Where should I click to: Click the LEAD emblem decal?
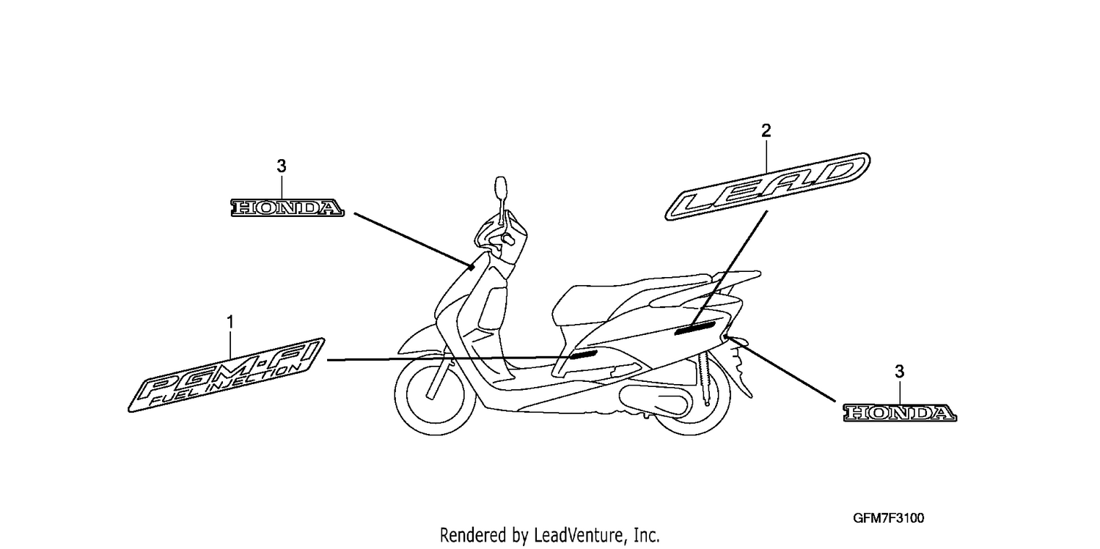pos(768,186)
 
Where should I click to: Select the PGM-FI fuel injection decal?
pos(227,375)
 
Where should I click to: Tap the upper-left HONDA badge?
pos(287,208)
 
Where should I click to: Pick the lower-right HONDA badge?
pos(900,413)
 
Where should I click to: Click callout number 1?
pos(230,323)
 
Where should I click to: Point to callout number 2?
pos(766,130)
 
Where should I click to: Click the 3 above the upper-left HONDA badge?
pos(282,166)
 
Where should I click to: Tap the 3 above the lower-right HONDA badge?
pos(899,372)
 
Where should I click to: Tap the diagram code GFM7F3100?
pos(888,518)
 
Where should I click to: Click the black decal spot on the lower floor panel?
pos(582,354)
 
